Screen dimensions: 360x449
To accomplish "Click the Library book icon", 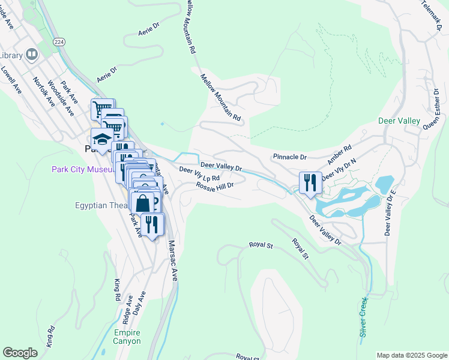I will [31, 55].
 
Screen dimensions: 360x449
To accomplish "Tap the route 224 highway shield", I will [58, 41].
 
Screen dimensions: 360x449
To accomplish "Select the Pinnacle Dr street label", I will [289, 157].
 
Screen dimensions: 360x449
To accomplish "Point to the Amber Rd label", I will [339, 154].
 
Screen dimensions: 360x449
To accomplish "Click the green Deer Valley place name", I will [399, 121].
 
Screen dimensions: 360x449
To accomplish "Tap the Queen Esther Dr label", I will [431, 110].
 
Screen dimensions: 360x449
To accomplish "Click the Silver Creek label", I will [363, 319].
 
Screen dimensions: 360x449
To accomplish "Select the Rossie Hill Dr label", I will [214, 186].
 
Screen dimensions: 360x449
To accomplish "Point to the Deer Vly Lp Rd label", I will [200, 175].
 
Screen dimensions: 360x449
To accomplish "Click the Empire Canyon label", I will [126, 337].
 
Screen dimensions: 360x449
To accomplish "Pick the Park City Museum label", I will [82, 170].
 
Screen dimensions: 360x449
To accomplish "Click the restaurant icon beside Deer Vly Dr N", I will [310, 182].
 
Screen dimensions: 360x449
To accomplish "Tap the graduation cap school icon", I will [102, 139].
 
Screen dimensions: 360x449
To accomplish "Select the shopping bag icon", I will [143, 203].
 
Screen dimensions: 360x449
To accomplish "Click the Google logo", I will [20, 353].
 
